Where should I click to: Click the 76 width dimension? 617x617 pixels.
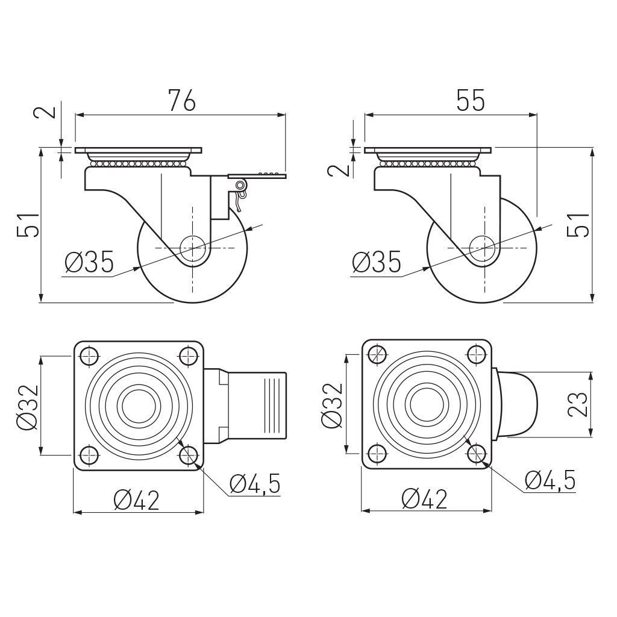coord(181,101)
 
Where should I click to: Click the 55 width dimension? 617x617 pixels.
coord(470,101)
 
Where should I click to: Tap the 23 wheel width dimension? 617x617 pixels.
coord(578,404)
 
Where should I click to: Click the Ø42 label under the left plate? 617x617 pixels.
coord(136,500)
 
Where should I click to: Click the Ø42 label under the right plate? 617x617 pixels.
coord(425,499)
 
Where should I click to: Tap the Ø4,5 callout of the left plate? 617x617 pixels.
coord(255,483)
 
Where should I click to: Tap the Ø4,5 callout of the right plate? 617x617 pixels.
coord(550,480)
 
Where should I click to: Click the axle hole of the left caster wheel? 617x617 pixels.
coord(192,248)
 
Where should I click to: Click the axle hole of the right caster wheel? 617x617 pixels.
coord(481,248)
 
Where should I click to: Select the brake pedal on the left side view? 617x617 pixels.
coord(257,176)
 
